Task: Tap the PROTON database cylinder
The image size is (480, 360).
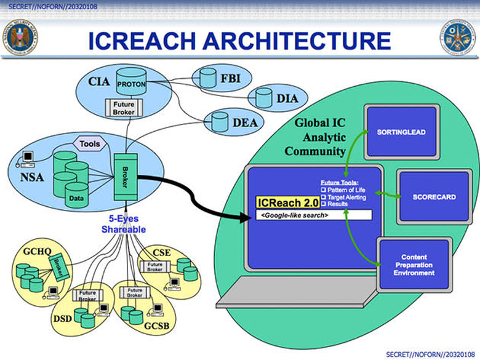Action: click(130, 83)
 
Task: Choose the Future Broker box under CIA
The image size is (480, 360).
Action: click(124, 109)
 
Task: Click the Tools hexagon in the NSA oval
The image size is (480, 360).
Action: click(90, 143)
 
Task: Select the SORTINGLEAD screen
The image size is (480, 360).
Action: click(401, 132)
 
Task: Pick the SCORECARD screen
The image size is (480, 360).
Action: click(434, 197)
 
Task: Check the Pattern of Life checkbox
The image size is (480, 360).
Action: click(324, 191)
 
